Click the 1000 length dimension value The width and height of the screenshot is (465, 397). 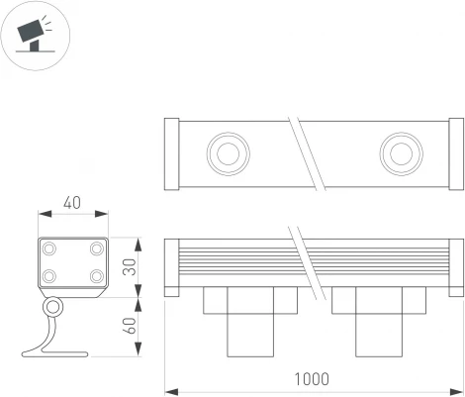(312, 378)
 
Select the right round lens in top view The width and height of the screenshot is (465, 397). (400, 153)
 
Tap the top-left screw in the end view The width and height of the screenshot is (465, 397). (48, 248)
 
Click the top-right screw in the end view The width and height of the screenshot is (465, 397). (95, 248)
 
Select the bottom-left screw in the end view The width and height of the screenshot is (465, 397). (48, 276)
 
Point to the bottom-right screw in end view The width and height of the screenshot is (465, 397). (95, 276)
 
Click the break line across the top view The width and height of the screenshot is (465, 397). (310, 153)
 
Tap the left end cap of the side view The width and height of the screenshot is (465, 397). (170, 266)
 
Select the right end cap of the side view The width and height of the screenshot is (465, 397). (455, 266)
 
